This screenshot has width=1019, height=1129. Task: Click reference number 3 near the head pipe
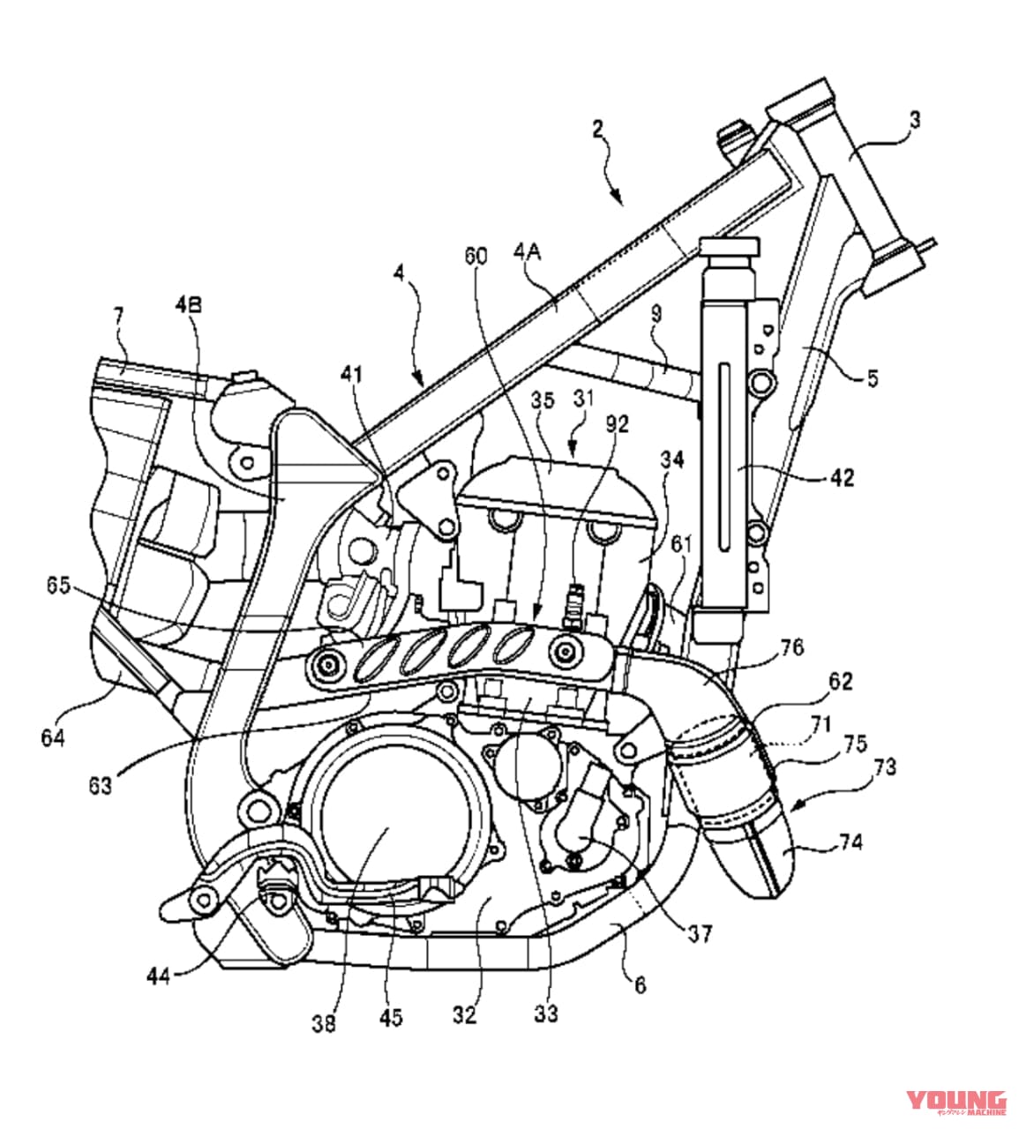[x=915, y=120]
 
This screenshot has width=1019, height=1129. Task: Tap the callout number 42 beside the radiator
[x=842, y=477]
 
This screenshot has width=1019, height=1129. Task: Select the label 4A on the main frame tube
[x=527, y=253]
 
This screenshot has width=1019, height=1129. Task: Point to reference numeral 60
[x=476, y=257]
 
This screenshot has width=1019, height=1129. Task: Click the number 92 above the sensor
[x=617, y=424]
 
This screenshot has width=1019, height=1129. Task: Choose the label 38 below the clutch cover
[x=324, y=1024]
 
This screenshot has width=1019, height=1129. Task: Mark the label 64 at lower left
[x=52, y=736]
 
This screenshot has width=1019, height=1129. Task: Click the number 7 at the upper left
[x=118, y=315]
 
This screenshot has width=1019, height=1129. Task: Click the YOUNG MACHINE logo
[x=956, y=1102]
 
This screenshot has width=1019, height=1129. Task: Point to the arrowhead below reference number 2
[x=620, y=198]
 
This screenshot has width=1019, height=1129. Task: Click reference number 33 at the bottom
[x=546, y=1013]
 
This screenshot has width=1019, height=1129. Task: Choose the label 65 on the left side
[x=58, y=586]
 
